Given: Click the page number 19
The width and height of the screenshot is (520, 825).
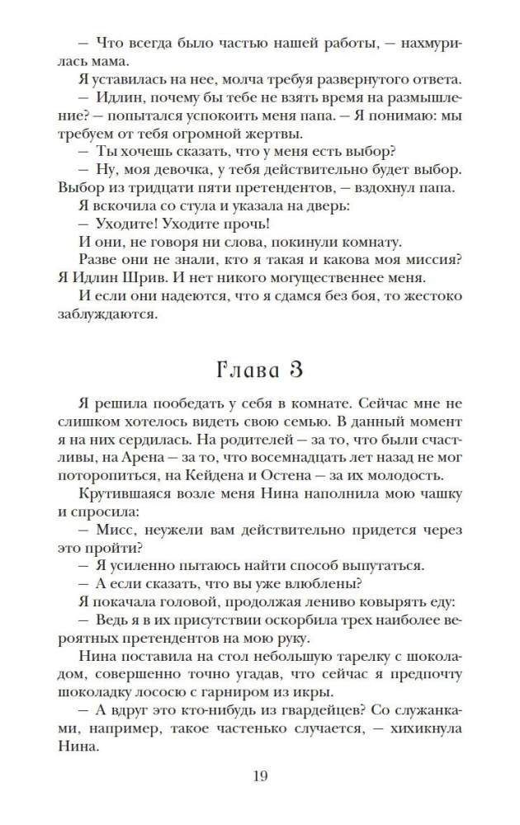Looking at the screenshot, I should pyautogui.click(x=259, y=775).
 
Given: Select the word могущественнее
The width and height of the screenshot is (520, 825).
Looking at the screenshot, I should pyautogui.click(x=320, y=276).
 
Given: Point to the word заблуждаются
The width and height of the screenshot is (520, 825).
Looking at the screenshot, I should pyautogui.click(x=108, y=314).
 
